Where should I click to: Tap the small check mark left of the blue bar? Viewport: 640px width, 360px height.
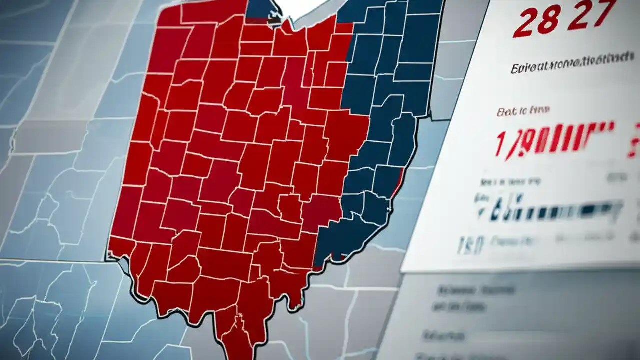click(481, 213)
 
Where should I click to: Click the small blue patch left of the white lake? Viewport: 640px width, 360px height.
click(258, 10)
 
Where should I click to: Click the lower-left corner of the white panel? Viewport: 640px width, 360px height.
click(402, 270)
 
